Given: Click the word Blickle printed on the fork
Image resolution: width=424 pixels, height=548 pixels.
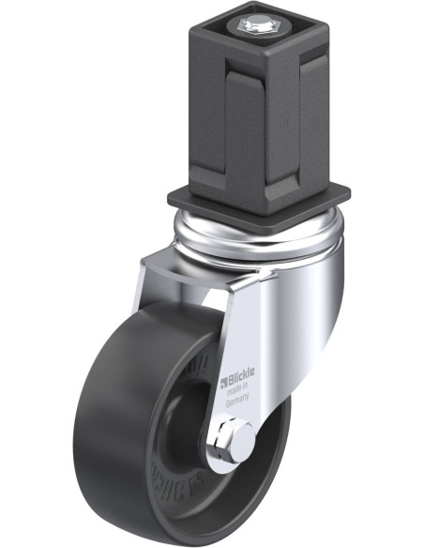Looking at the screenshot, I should click(x=241, y=381).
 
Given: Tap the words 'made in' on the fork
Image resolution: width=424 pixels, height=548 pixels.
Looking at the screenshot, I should click(x=238, y=390).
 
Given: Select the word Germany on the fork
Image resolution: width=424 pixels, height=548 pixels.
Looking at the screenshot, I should click(x=238, y=399).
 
